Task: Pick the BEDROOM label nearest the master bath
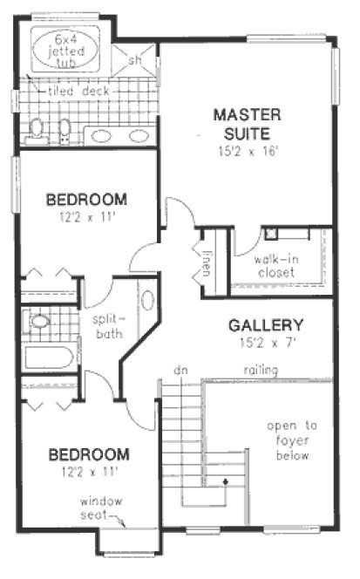pyautogui.click(x=86, y=198)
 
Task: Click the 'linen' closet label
pyautogui.click(x=207, y=260)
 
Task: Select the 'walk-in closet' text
pyautogui.click(x=275, y=266)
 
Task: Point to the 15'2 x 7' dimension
pyautogui.click(x=266, y=343)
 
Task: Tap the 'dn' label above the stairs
pyautogui.click(x=181, y=370)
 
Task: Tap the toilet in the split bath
pyautogui.click(x=39, y=322)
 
